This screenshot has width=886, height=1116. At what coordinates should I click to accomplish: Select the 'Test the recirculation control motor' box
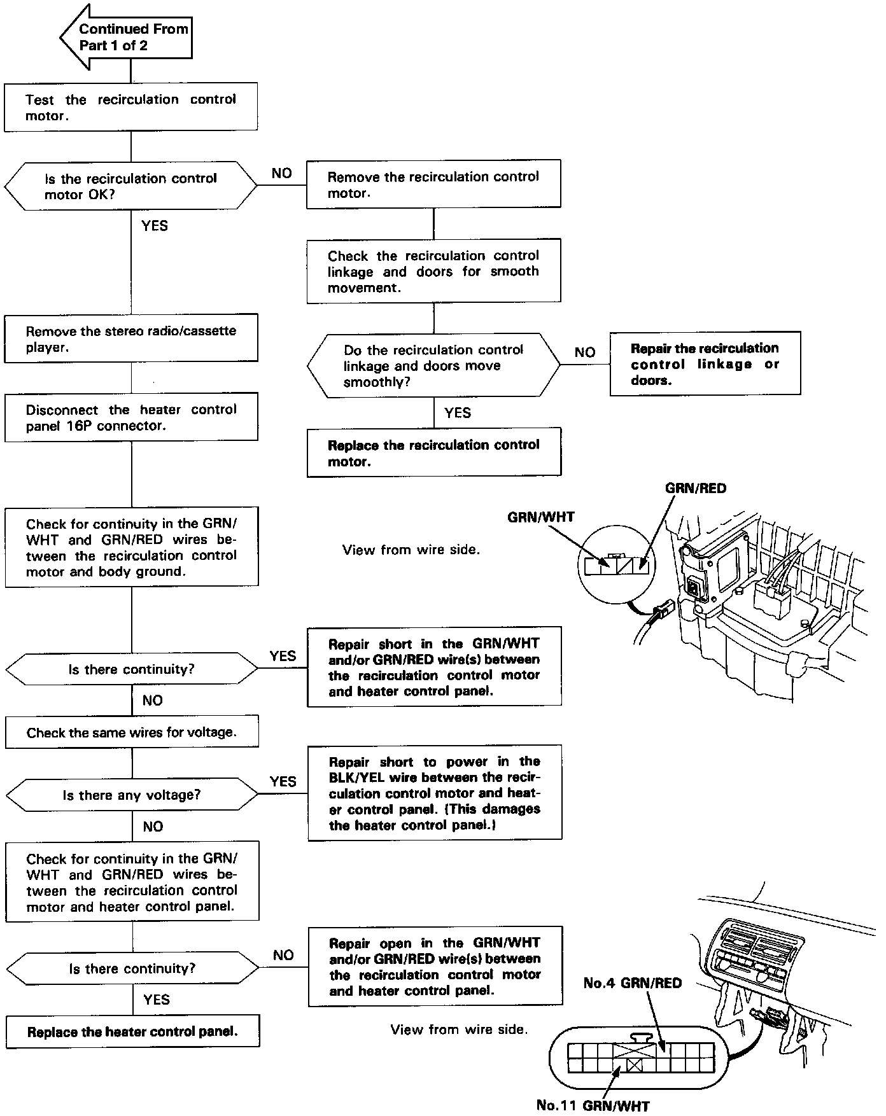point(130,107)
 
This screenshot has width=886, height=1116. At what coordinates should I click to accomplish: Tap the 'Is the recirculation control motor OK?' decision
point(130,186)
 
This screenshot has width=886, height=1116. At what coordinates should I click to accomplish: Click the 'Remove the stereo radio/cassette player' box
point(130,338)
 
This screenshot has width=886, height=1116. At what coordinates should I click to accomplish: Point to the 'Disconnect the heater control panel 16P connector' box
point(130,417)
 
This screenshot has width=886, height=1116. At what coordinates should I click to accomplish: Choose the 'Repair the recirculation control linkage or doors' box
point(705,364)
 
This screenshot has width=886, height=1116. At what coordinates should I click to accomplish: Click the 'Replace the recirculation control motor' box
point(433,452)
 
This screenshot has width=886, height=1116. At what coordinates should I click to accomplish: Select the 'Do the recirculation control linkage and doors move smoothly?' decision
point(433,365)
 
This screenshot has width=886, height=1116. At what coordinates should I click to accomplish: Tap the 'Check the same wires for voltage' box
point(132,732)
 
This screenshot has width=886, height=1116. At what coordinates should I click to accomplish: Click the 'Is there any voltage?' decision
point(132,795)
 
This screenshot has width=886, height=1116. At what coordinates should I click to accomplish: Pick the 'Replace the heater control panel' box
point(132,1032)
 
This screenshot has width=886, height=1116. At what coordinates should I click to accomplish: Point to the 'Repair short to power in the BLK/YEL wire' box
point(435,793)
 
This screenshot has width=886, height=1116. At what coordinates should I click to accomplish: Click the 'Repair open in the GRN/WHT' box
point(435,966)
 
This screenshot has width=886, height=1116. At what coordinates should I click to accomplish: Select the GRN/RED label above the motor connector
point(695,489)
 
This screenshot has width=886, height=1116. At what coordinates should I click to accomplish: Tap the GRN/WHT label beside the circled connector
point(540,517)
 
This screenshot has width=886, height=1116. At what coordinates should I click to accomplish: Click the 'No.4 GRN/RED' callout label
point(632,983)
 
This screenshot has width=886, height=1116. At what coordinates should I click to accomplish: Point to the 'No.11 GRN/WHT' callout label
point(593,1106)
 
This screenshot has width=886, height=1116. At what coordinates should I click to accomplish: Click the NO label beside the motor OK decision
point(281,173)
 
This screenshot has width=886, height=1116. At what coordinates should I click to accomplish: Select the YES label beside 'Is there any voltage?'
point(283,781)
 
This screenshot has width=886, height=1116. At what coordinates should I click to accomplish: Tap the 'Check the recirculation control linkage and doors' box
point(433,271)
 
